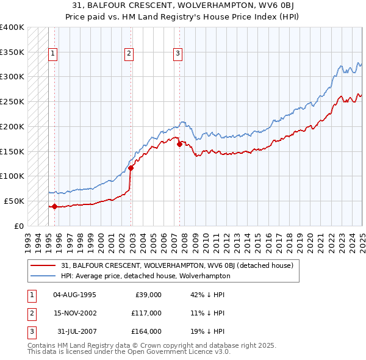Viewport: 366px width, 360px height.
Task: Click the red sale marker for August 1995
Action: click(54, 206)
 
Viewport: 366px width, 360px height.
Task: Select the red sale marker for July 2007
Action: click(179, 144)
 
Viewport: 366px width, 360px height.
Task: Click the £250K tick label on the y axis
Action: click(12, 101)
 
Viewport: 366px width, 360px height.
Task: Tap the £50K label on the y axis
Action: click(14, 201)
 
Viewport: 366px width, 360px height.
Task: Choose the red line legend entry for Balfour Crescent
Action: click(177, 265)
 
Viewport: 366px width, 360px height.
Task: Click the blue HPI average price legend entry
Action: click(145, 276)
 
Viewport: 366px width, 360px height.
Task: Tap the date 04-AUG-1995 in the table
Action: click(74, 295)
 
